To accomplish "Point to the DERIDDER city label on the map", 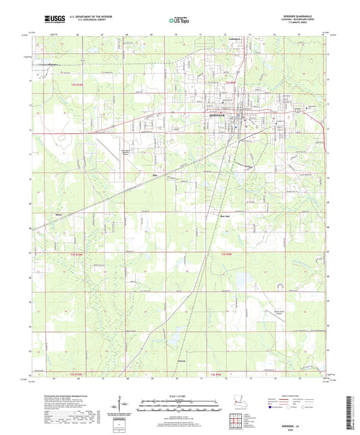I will coord(211,115).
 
